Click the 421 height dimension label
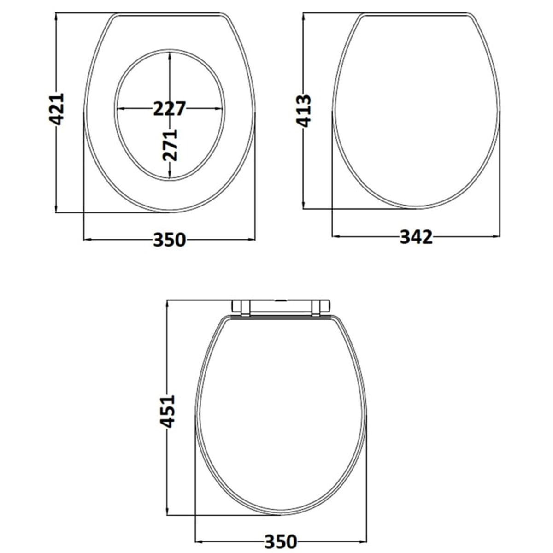(x=56, y=109)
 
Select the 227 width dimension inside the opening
(x=170, y=109)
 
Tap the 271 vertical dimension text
(x=170, y=145)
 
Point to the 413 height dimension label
(x=303, y=111)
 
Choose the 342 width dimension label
(x=416, y=237)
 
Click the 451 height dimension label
(x=167, y=412)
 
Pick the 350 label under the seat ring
(x=170, y=240)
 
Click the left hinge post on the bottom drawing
(x=245, y=308)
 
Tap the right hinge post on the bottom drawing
(x=316, y=308)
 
